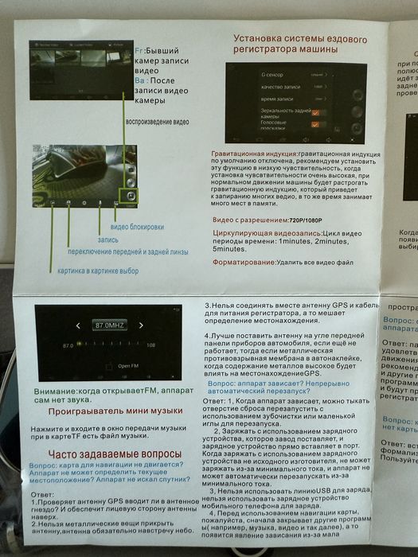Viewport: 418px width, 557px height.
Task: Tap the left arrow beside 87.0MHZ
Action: [77, 325]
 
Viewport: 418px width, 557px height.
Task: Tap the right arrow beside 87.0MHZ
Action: [141, 325]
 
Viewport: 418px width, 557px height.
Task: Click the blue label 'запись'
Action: [107, 239]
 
